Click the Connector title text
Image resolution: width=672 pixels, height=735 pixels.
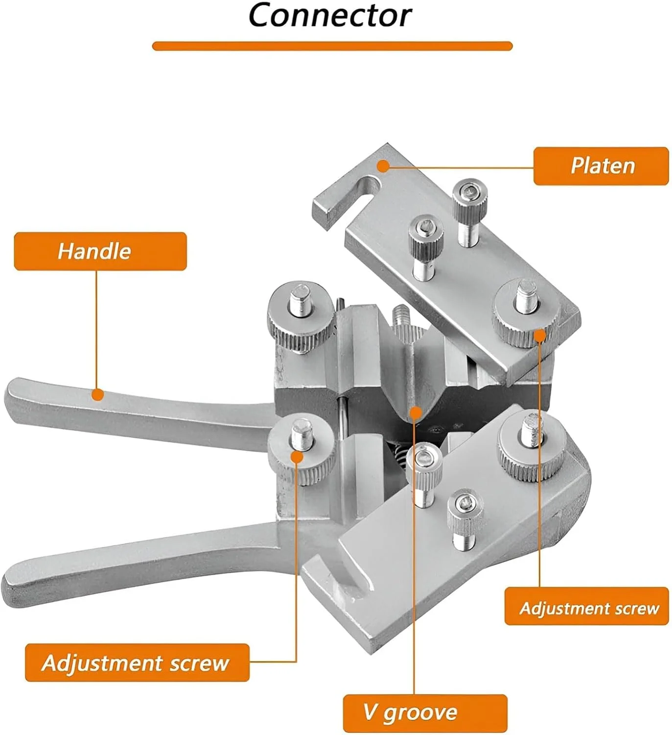[x=330, y=15]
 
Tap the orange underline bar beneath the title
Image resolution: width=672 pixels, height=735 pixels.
[x=332, y=46]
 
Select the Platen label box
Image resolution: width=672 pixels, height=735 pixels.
[x=601, y=166]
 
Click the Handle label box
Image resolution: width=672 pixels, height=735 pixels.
[x=100, y=251]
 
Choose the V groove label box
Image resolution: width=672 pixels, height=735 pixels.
[x=425, y=713]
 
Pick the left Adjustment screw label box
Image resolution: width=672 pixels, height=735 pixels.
[x=137, y=663]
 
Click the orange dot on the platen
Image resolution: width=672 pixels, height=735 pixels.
[x=383, y=166]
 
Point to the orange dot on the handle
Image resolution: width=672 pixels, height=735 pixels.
[x=97, y=394]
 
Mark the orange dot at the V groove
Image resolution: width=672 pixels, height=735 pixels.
[x=415, y=413]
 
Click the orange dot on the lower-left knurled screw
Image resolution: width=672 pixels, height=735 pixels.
[x=297, y=457]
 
